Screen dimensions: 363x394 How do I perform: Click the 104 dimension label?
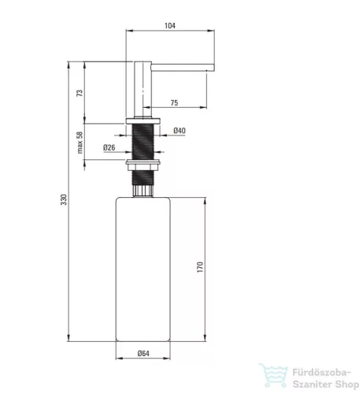coord(170,26)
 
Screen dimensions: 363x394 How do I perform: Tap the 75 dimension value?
coord(174,102)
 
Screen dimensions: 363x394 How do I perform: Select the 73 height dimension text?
coord(80,93)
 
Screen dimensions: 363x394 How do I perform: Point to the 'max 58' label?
coord(80,142)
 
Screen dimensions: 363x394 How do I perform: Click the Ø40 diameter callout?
coord(180,130)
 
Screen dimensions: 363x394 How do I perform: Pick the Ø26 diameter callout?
coord(109,147)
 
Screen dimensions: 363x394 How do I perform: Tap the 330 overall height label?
coord(64,199)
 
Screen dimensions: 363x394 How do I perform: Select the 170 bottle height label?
coord(200,267)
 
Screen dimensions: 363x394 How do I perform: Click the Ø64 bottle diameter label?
coord(143,353)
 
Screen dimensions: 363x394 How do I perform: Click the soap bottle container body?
coord(143,269)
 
